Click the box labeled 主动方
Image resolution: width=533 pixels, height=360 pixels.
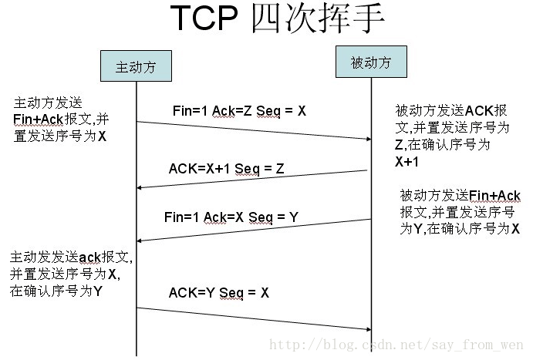pyautogui.click(x=136, y=66)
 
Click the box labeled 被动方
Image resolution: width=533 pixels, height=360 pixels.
pyautogui.click(x=372, y=62)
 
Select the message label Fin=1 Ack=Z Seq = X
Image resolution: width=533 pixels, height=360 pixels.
pyautogui.click(x=239, y=111)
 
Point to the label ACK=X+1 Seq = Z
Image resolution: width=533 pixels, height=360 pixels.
pyautogui.click(x=227, y=169)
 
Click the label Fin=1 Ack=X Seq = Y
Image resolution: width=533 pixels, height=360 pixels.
pyautogui.click(x=231, y=217)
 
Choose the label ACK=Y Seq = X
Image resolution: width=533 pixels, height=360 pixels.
pyautogui.click(x=219, y=293)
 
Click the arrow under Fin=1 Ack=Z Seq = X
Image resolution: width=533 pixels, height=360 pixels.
pyautogui.click(x=255, y=130)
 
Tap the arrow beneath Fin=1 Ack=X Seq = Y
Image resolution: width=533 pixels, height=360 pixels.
pyautogui.click(x=255, y=230)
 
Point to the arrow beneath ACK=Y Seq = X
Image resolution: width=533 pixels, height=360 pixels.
pyautogui.click(x=255, y=318)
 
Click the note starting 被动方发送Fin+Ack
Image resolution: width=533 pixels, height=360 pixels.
pyautogui.click(x=460, y=212)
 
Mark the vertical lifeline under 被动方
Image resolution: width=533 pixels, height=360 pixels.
pyautogui.click(x=372, y=270)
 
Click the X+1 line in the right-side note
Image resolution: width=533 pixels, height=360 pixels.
pyautogui.click(x=407, y=162)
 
